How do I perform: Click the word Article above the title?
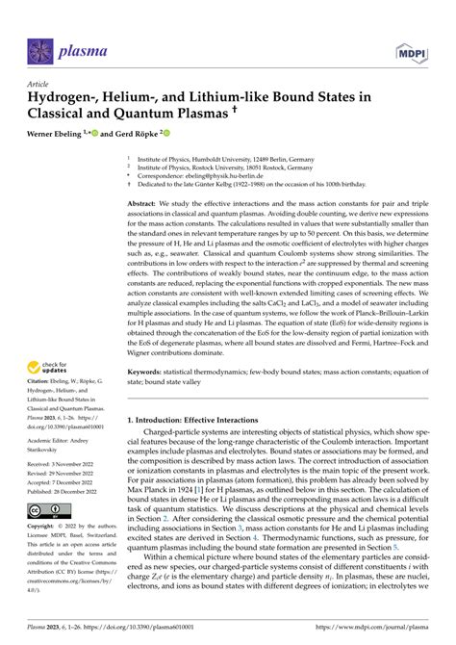[39, 84]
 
